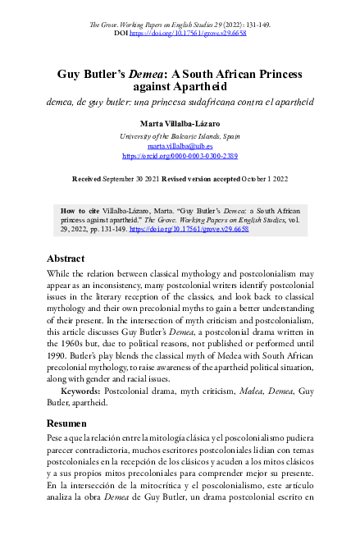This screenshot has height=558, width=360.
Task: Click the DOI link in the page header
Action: pyautogui.click(x=189, y=33)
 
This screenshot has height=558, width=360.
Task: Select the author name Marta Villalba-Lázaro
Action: pyautogui.click(x=180, y=123)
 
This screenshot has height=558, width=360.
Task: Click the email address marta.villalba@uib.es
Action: pyautogui.click(x=180, y=144)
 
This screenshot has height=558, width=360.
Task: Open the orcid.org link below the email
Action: pyautogui.click(x=180, y=154)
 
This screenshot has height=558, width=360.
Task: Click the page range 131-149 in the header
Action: pyautogui.click(x=257, y=25)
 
